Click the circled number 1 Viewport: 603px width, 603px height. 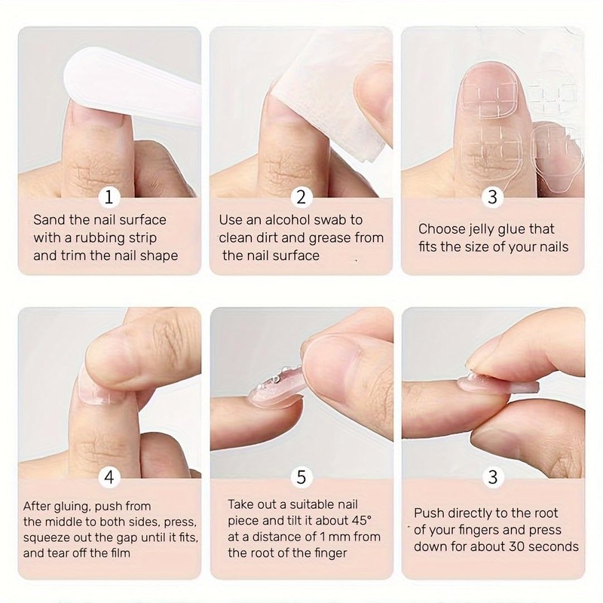[110, 197]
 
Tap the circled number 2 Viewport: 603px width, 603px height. [301, 197]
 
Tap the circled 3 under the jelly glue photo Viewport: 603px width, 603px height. [493, 197]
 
